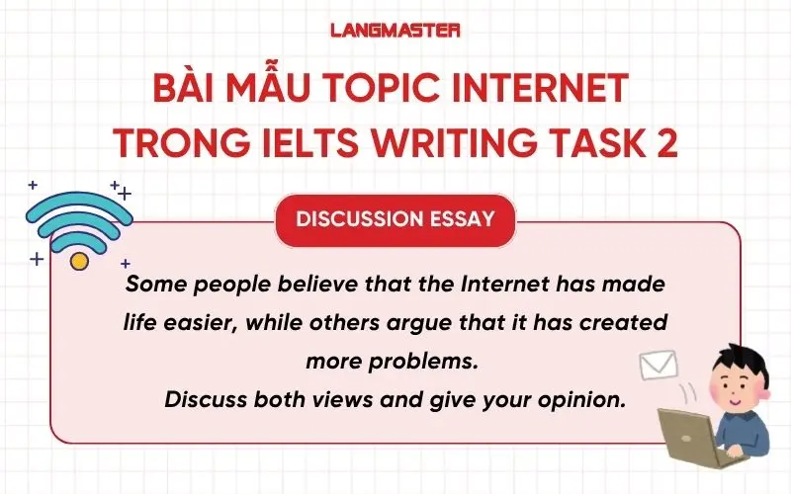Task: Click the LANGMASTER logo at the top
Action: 395,30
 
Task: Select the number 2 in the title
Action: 666,143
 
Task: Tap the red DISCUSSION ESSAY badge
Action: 395,218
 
